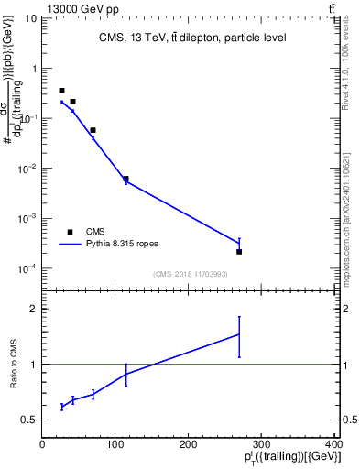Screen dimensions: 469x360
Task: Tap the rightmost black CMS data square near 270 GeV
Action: [x=239, y=251]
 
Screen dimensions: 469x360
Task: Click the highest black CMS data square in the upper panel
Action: [x=61, y=91]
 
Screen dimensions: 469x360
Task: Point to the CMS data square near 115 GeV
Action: [x=125, y=179]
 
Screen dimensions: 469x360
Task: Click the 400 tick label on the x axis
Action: [x=333, y=445]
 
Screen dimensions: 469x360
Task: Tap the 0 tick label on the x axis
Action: [x=42, y=445]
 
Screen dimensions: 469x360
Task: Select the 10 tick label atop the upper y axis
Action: [x=31, y=18]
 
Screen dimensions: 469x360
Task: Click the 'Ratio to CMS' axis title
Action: [x=14, y=364]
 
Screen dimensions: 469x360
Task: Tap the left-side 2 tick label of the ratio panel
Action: [x=34, y=309]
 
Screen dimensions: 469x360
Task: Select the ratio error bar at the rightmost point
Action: [x=239, y=337]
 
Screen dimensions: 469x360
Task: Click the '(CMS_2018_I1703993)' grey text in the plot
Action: [x=189, y=273]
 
